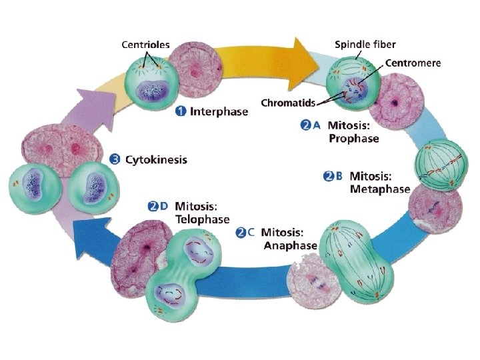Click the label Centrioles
tap(145, 45)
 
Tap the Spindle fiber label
tap(365, 45)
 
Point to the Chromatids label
tap(288, 103)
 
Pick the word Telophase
tap(202, 219)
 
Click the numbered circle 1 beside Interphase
tap(180, 111)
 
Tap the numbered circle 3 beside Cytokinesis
tap(115, 159)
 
